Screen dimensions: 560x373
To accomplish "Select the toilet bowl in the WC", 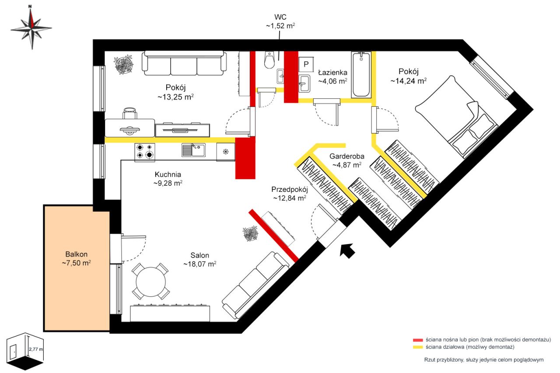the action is point(269,60).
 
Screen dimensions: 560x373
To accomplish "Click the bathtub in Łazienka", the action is point(361,75).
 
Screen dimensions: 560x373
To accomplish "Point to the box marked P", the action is point(306,64).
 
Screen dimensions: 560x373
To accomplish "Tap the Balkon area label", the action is point(76,258).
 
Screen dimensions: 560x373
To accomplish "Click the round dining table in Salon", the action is point(151,281).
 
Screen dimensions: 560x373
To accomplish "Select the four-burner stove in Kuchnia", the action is point(145,152).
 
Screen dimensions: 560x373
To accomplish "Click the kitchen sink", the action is point(193,150).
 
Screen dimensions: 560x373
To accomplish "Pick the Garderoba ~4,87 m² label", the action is point(347,160).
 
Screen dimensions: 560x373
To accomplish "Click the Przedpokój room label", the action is point(290,189).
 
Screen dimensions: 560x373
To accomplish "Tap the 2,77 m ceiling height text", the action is point(36,349).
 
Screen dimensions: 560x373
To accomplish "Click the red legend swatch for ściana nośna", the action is point(418,340).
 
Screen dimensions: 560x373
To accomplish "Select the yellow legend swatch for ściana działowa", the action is point(418,347).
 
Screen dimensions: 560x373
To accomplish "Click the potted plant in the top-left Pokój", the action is point(123,64).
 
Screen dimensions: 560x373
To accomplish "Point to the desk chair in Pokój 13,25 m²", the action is point(130,113).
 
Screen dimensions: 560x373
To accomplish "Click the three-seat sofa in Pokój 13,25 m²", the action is point(184,63).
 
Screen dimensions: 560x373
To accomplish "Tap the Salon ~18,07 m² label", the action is point(200,260).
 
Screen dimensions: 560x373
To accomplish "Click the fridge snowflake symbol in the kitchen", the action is point(225,151).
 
